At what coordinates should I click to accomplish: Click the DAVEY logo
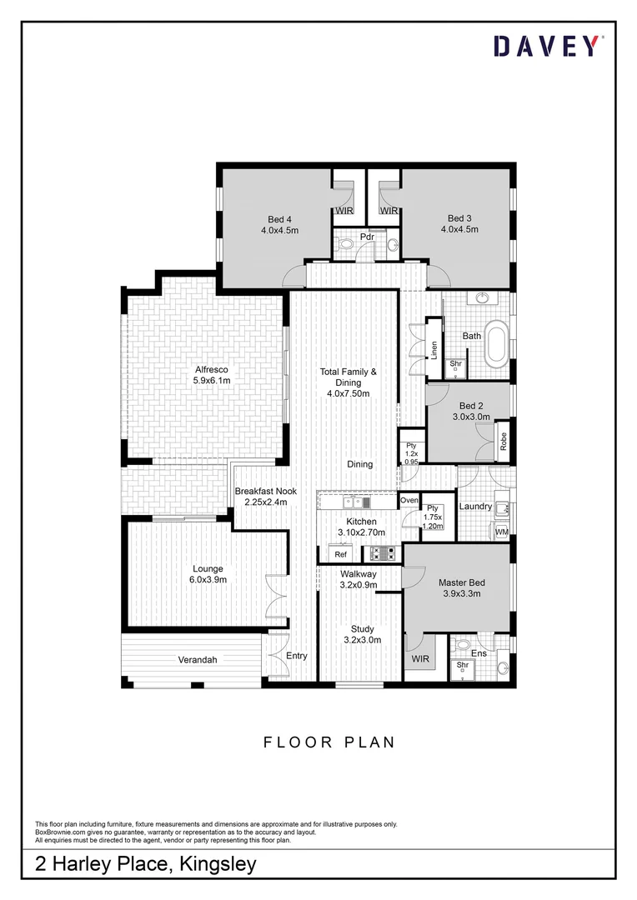tap(546, 47)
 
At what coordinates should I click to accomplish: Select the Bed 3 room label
tap(463, 224)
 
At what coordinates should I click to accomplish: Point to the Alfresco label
tap(212, 375)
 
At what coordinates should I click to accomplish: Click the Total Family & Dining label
tap(349, 382)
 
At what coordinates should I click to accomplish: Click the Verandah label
tap(198, 660)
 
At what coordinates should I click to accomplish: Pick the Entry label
tap(297, 656)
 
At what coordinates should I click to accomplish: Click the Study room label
tap(362, 634)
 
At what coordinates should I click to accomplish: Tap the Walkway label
tap(359, 579)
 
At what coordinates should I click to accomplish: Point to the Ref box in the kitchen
tap(340, 554)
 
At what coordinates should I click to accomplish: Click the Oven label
tap(409, 500)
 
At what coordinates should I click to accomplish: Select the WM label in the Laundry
tap(502, 531)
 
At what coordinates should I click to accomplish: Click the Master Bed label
tap(462, 588)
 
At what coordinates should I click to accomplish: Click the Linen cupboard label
tap(434, 350)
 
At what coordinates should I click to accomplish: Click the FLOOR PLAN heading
tap(329, 742)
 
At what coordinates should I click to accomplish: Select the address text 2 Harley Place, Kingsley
tap(146, 866)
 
